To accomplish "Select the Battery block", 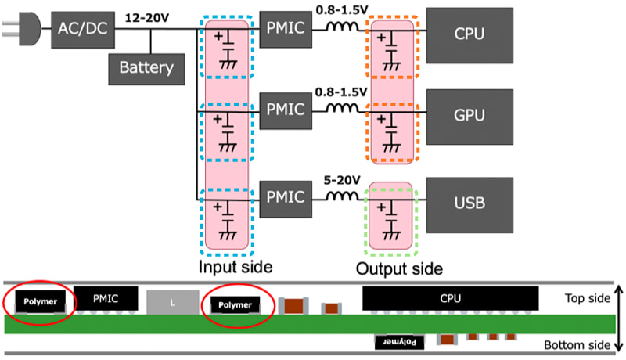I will tap(146, 67).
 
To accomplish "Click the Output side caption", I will tap(398, 268).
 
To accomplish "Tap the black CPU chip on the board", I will tap(450, 297).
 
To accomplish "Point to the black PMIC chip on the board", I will tap(106, 297).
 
